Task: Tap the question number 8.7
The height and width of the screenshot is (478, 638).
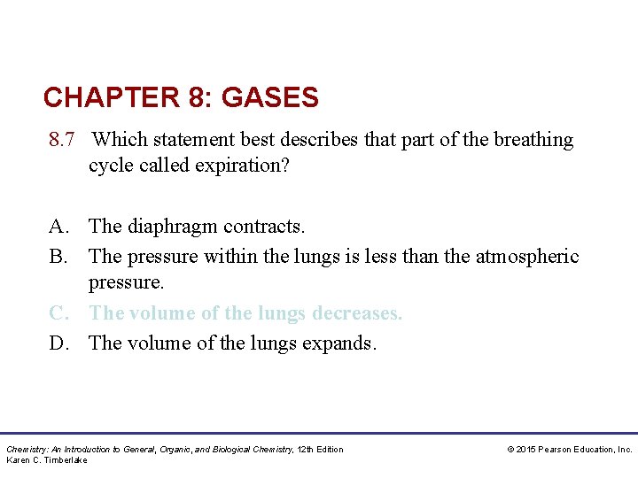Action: [x=65, y=140]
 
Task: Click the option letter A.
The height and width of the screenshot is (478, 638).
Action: [x=58, y=227]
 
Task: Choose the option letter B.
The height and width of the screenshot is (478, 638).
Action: [x=58, y=257]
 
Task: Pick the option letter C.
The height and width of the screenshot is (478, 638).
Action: [x=58, y=313]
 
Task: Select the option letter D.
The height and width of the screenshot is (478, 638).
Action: [x=58, y=343]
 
